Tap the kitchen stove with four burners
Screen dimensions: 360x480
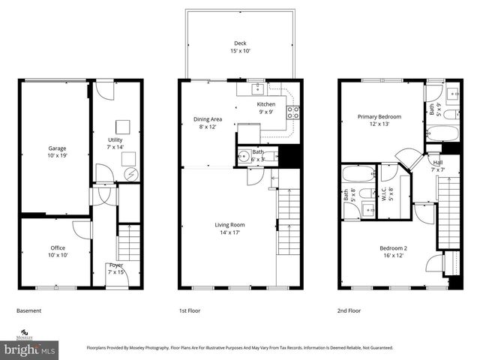click(x=294, y=113)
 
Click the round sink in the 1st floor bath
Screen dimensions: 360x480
click(x=243, y=157)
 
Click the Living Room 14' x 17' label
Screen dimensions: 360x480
click(x=230, y=229)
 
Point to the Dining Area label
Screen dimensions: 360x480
click(x=208, y=122)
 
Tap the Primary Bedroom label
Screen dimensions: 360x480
click(x=379, y=120)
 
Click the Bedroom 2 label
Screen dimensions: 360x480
click(x=392, y=252)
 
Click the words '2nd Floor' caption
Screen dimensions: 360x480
click(x=349, y=310)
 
